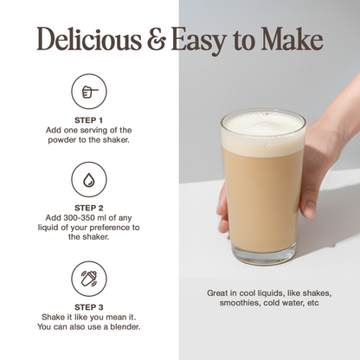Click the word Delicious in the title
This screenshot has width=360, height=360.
(x=89, y=39)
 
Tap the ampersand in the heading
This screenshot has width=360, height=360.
(x=157, y=39)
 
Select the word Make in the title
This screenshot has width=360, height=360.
(x=292, y=39)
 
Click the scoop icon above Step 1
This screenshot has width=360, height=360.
(x=89, y=92)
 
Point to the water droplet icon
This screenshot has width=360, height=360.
(x=89, y=179)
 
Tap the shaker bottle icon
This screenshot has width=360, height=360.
(x=89, y=279)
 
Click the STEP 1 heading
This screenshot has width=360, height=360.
(x=88, y=120)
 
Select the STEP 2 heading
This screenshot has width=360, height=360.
(x=88, y=208)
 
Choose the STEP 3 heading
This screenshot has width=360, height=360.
(x=88, y=307)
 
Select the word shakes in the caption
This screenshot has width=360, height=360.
(x=316, y=293)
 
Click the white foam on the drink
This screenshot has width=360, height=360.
(x=263, y=133)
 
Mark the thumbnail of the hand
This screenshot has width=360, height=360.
(x=310, y=208)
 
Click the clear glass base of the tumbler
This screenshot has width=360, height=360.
(x=264, y=254)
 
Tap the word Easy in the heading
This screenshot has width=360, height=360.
(x=198, y=41)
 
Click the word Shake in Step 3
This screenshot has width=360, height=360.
(x=54, y=318)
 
